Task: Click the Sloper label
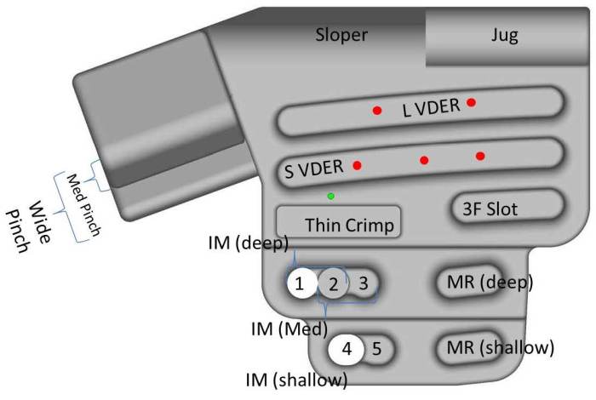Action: click(x=341, y=35)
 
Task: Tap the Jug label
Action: click(x=504, y=35)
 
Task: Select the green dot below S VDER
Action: click(x=331, y=197)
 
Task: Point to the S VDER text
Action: click(x=314, y=169)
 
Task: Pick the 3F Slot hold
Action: click(x=507, y=206)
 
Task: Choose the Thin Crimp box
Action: click(x=338, y=224)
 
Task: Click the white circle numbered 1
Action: click(x=300, y=283)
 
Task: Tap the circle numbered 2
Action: click(x=334, y=283)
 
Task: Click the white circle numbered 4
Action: click(x=347, y=348)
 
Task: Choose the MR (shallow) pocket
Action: click(x=495, y=347)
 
